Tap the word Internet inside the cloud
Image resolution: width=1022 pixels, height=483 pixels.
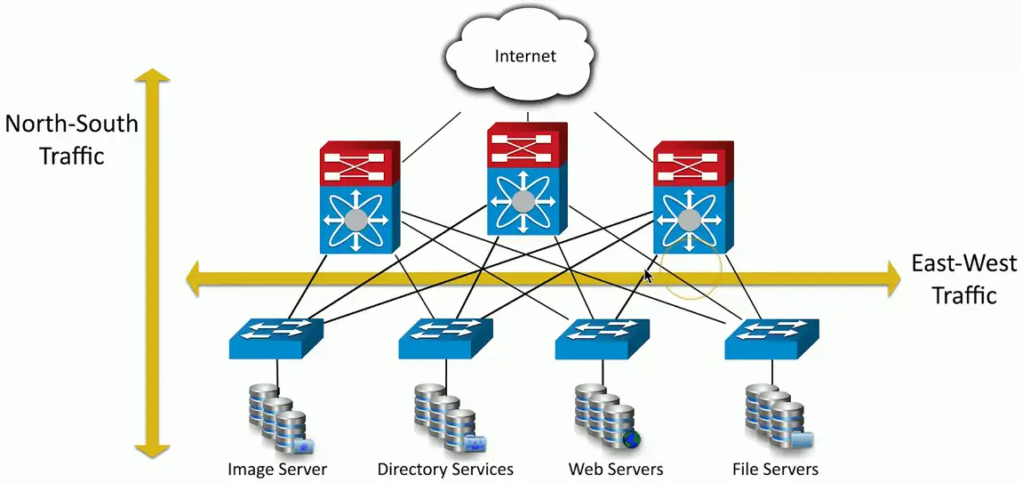click(524, 56)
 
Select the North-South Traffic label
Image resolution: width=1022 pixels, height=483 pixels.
click(71, 139)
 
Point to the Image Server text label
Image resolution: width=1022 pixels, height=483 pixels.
click(277, 469)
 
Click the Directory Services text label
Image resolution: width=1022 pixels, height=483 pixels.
click(445, 469)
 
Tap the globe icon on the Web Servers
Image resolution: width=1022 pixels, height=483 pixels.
click(632, 439)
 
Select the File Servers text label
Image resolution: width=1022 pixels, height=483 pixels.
click(775, 469)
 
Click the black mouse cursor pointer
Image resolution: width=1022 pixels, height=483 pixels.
click(648, 277)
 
